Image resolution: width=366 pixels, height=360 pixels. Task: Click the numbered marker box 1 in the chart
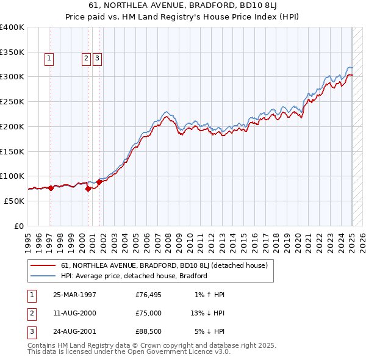click(x=49, y=59)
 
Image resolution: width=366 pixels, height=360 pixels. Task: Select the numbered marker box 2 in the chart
click(x=86, y=59)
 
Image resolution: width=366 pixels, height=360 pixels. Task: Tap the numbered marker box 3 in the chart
click(x=97, y=59)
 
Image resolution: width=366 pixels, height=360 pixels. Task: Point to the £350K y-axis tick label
click(x=12, y=52)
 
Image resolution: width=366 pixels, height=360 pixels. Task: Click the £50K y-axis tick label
click(x=15, y=201)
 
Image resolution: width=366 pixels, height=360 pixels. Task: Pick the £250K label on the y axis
click(x=12, y=102)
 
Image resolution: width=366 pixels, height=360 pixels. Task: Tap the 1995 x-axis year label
click(x=27, y=238)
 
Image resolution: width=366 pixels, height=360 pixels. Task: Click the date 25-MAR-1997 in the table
click(x=75, y=295)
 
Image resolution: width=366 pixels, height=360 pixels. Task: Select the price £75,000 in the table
click(x=149, y=314)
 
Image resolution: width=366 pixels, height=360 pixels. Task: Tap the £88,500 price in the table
click(x=149, y=332)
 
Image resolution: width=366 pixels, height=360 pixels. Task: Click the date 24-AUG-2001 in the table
click(x=75, y=332)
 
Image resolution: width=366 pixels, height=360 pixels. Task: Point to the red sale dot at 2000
click(x=88, y=189)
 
